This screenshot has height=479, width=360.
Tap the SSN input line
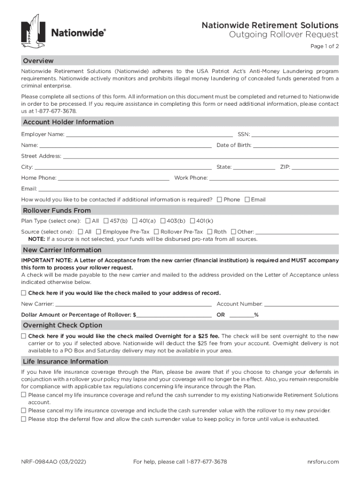pos(295,135)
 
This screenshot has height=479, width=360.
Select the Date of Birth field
pos(295,145)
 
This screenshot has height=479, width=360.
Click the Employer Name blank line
pos(149,135)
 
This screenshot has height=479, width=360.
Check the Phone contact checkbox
pos(220,200)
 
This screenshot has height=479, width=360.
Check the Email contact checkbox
pos(247,200)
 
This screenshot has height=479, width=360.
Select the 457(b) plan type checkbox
pos(106,221)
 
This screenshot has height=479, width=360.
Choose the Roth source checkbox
pos(210,232)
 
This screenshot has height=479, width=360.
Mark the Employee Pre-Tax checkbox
pos(99,232)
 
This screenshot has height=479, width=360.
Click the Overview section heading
pos(38,61)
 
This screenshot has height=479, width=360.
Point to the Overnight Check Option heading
pos(63,325)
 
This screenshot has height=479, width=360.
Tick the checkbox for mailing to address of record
pos(24,293)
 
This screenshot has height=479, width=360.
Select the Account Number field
pos(302,304)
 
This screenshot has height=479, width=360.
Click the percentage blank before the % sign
pos(241,315)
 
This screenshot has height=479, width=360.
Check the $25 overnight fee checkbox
pos(24,336)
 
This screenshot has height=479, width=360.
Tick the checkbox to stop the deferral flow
pos(24,419)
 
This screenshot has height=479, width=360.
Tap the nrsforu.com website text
pos(323,462)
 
